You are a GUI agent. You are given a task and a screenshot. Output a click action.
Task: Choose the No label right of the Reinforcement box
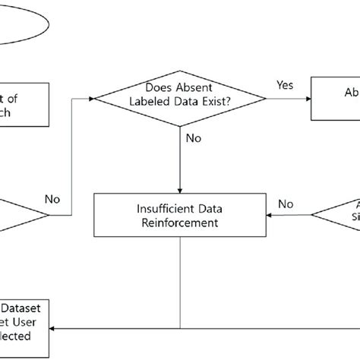tap(286, 204)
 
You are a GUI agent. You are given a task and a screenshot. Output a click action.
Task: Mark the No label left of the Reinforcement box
tap(52, 200)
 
